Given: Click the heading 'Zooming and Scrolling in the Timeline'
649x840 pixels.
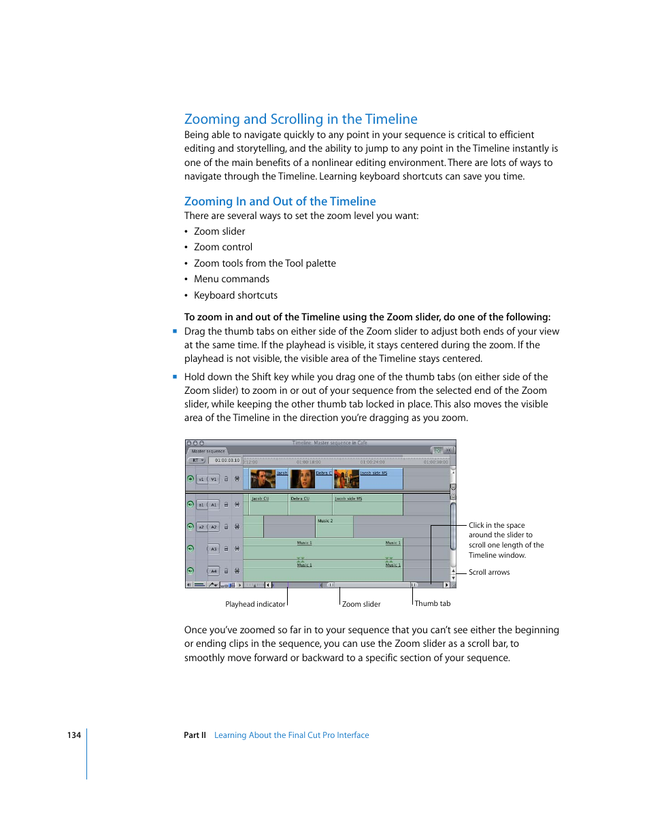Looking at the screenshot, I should (301, 119).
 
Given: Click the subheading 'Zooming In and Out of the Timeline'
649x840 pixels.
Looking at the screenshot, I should (280, 201).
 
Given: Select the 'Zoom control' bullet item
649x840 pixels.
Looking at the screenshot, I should (222, 247).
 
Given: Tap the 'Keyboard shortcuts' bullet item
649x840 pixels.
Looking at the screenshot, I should (235, 295).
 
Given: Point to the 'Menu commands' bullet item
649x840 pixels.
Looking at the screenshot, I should (231, 279).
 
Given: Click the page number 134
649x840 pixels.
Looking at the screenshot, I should (73, 735).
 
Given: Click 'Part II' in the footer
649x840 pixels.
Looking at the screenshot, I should (195, 735).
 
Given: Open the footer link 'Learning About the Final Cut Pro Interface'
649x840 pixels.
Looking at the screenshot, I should (291, 735).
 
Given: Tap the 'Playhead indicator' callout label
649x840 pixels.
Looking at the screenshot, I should (255, 604).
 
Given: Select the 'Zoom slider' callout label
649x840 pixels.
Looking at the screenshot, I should (361, 604).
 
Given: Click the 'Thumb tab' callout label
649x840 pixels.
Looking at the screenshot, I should (433, 603).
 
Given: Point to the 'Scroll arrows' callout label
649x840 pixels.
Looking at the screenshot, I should (489, 572).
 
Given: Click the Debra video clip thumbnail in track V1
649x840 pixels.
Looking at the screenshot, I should (303, 479).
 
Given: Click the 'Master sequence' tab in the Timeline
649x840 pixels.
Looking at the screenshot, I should (208, 451).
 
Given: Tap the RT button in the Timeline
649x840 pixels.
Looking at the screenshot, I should (197, 460).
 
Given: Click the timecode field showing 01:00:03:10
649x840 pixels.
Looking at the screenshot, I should (227, 460).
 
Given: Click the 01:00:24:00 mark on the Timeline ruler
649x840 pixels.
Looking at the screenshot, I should (372, 462).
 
